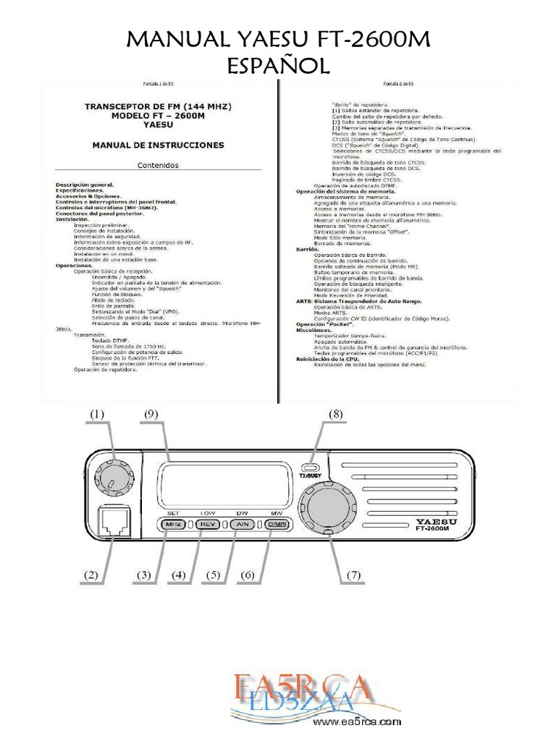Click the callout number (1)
coord(97,414)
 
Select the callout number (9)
coord(151,414)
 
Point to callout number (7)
coord(353,575)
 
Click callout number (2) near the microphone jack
coord(90,575)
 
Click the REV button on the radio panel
coord(207,525)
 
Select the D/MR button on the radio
coord(275,525)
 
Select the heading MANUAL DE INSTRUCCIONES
coord(158,145)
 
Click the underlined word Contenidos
coord(158,165)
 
